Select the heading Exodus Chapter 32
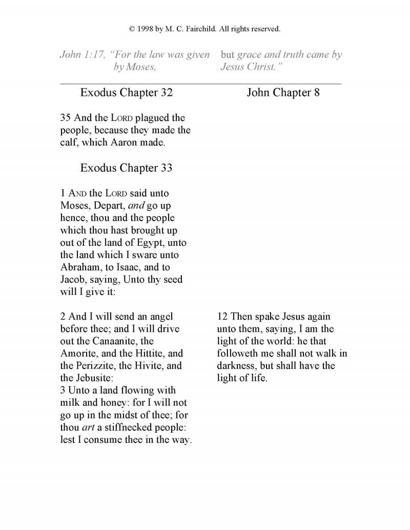tap(126, 93)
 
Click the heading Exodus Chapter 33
tap(126, 168)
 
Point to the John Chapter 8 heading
tap(283, 93)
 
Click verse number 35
tap(66, 118)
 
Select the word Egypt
tap(148, 243)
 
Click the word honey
tap(107, 404)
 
